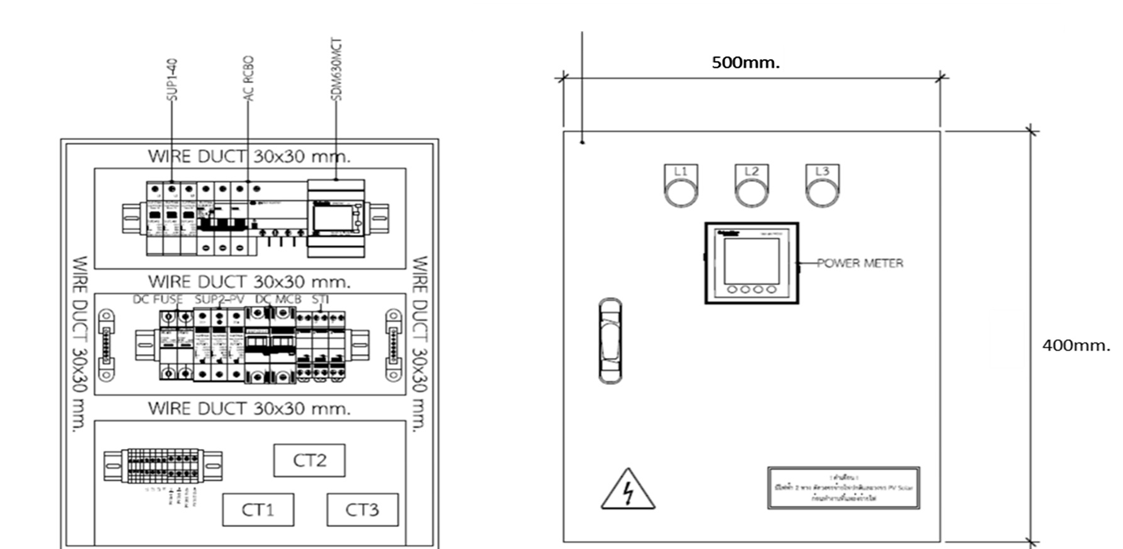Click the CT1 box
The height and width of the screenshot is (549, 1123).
[258, 509]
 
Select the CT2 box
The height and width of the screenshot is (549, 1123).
[309, 460]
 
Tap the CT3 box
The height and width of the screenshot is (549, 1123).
[362, 509]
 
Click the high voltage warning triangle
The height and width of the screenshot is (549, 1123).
[627, 491]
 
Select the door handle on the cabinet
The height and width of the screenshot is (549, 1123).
[610, 340]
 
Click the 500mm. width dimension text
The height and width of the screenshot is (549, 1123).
[745, 63]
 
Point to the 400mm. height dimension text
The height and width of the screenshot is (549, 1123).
[1076, 345]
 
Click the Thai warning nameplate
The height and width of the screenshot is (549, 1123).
[843, 487]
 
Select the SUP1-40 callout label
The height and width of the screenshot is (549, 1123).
[172, 80]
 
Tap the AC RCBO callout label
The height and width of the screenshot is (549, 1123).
[249, 79]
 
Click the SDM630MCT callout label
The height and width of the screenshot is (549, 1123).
[336, 69]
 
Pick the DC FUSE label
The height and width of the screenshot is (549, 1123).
[158, 300]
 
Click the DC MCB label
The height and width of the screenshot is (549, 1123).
[278, 300]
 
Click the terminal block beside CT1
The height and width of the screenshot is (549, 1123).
[163, 465]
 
